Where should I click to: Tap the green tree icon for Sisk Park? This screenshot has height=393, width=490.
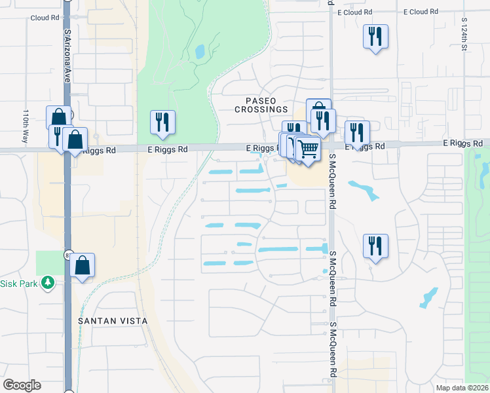pyautogui.click(x=47, y=283)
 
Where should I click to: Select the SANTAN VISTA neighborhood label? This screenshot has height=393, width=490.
pyautogui.click(x=113, y=321)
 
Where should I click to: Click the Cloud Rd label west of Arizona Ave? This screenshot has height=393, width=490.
pyautogui.click(x=45, y=18)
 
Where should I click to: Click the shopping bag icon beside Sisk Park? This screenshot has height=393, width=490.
pyautogui.click(x=83, y=265)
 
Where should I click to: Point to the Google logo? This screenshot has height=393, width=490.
pyautogui.click(x=22, y=384)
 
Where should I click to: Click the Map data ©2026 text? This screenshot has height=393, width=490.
pyautogui.click(x=462, y=388)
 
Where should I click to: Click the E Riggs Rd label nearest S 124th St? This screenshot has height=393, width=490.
pyautogui.click(x=462, y=143)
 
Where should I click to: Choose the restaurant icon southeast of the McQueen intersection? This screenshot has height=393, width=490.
pyautogui.click(x=375, y=246)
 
